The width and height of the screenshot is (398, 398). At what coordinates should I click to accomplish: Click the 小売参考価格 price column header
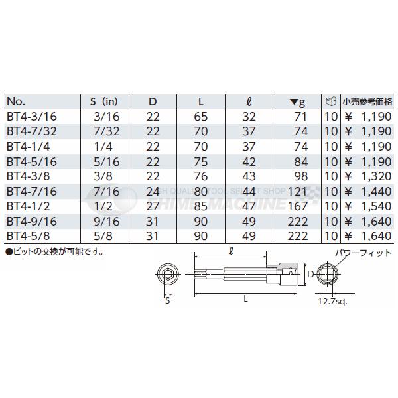pyautogui.click(x=367, y=102)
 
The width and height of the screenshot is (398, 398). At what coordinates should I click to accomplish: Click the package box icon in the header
pyautogui.click(x=330, y=102)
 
